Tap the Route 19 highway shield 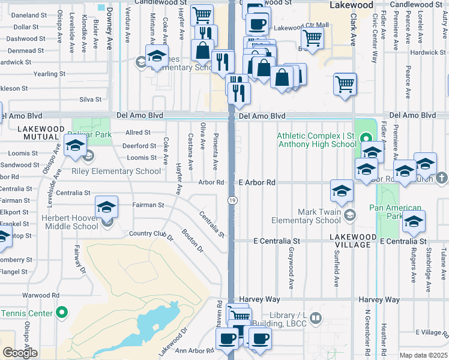pyautogui.click(x=231, y=199)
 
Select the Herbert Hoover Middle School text pyautogui.click(x=70, y=221)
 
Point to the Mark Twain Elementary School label pyautogui.click(x=323, y=216)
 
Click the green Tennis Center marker pyautogui.click(x=61, y=313)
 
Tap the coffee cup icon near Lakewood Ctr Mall pyautogui.click(x=258, y=25)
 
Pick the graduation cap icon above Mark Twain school pyautogui.click(x=342, y=191)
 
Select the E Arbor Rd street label pyautogui.click(x=256, y=182)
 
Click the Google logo pyautogui.click(x=20, y=353)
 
